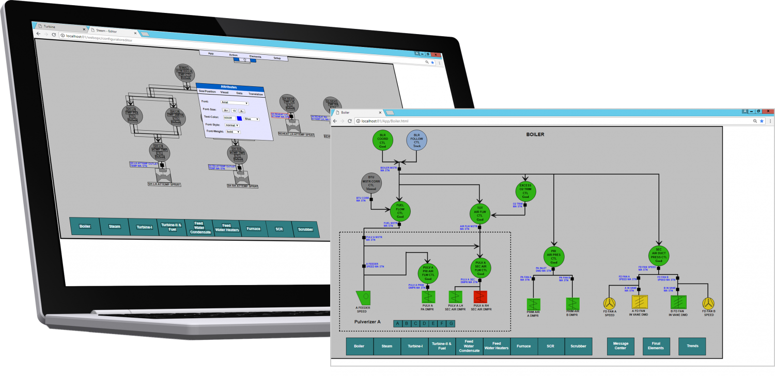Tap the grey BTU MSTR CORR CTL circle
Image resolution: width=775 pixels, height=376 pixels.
(371, 183)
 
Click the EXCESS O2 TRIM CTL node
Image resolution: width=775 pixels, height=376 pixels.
(525, 192)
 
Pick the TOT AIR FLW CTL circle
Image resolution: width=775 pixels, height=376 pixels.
(480, 214)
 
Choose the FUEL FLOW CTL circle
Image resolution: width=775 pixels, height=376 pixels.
(400, 211)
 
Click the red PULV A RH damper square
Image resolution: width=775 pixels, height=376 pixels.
(481, 297)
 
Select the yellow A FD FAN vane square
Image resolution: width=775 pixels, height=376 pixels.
(639, 302)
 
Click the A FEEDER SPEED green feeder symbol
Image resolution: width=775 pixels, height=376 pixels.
(364, 298)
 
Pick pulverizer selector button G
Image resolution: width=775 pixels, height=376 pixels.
(451, 324)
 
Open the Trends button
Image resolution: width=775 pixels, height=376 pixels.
(692, 346)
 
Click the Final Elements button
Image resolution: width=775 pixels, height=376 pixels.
(656, 346)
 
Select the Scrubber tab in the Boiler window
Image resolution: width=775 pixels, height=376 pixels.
(578, 346)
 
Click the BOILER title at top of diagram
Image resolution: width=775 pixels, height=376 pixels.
(535, 134)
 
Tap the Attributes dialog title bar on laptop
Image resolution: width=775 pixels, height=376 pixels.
(229, 87)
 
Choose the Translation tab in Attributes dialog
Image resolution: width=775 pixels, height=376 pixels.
(256, 94)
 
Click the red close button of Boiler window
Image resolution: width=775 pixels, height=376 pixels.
(769, 111)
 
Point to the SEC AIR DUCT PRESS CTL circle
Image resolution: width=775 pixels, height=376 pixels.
(658, 255)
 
